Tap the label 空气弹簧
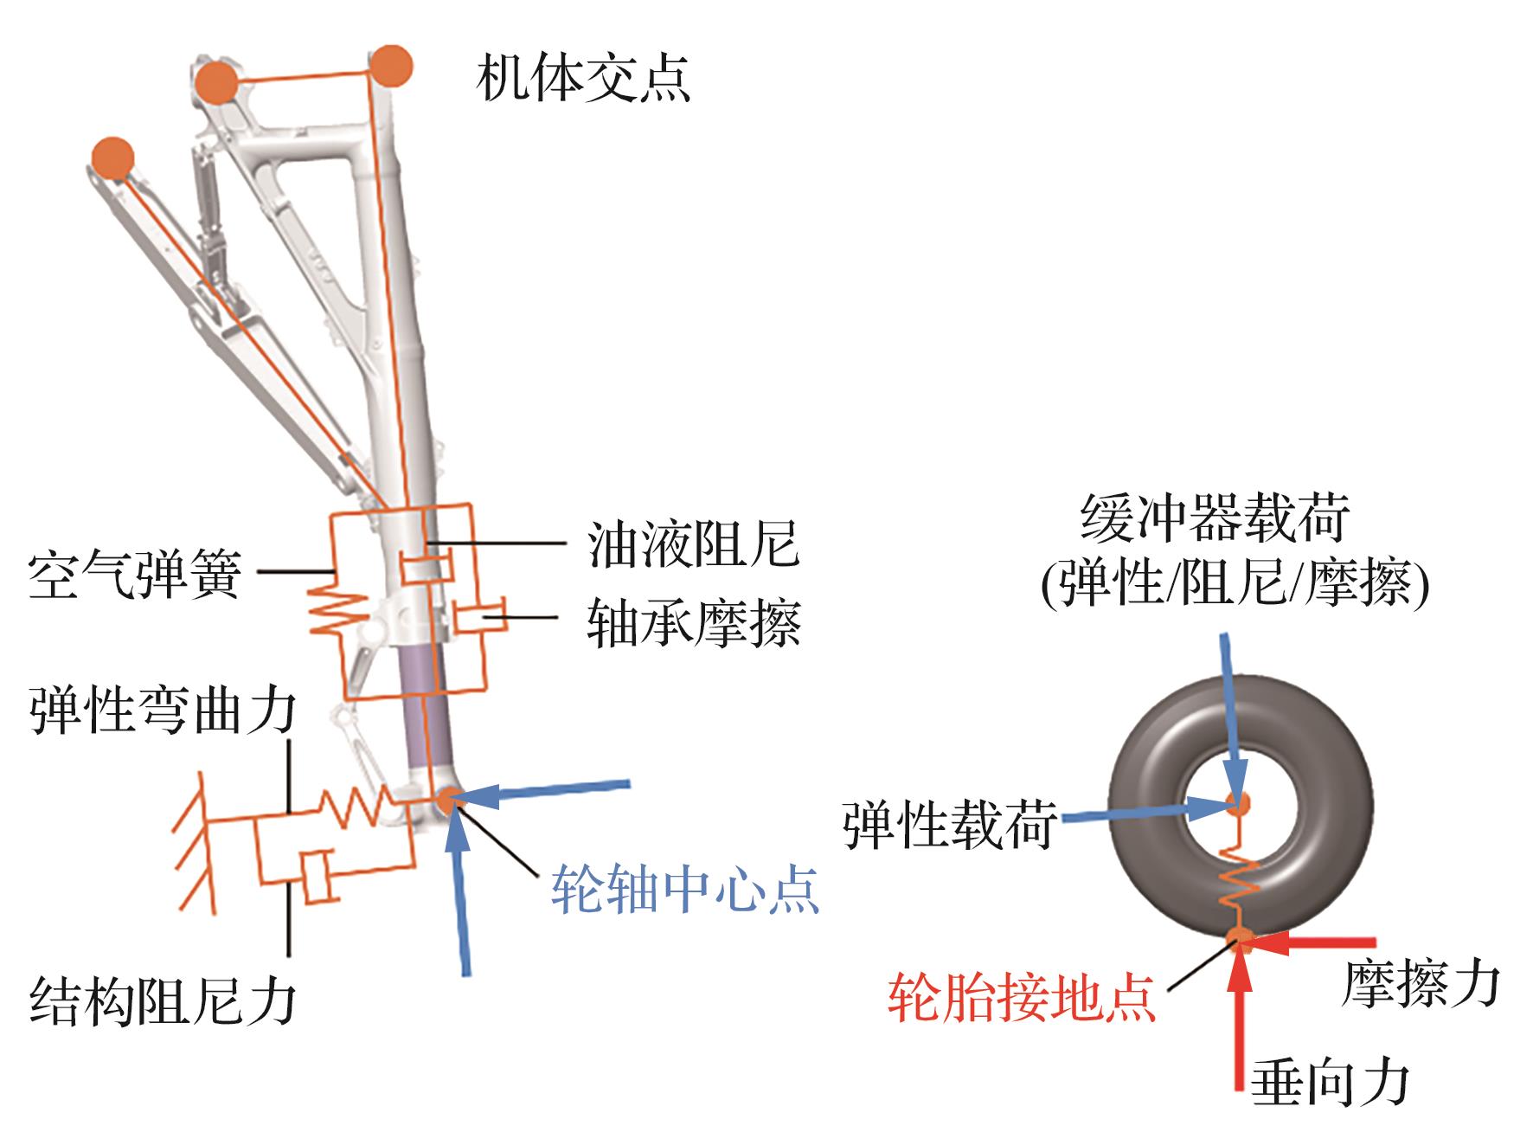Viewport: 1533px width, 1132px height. [x=134, y=574]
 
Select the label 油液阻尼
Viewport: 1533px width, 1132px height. [x=692, y=543]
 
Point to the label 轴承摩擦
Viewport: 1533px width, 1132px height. [x=693, y=622]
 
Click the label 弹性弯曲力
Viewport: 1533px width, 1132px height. [x=164, y=711]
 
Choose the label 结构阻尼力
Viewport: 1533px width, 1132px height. [x=164, y=1001]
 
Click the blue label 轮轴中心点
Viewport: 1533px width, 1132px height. [x=684, y=889]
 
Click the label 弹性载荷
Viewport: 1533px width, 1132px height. [x=949, y=824]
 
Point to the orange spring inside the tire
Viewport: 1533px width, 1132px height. [x=1240, y=874]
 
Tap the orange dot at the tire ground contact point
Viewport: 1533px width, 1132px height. [x=1240, y=938]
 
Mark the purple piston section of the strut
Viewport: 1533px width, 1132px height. [x=424, y=710]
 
